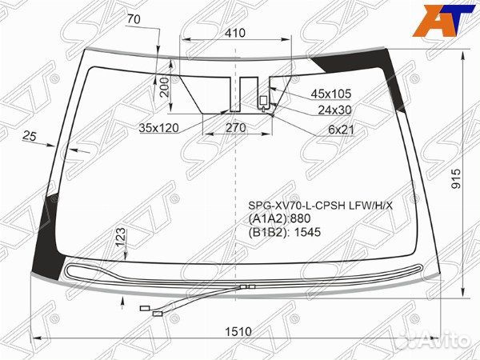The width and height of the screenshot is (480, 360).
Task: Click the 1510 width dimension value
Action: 238,331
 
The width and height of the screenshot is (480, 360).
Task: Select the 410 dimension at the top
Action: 234,34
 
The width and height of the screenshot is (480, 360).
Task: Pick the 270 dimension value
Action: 234,127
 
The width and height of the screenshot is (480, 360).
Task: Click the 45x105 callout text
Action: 331,94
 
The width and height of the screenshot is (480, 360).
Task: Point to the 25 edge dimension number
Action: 31,137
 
